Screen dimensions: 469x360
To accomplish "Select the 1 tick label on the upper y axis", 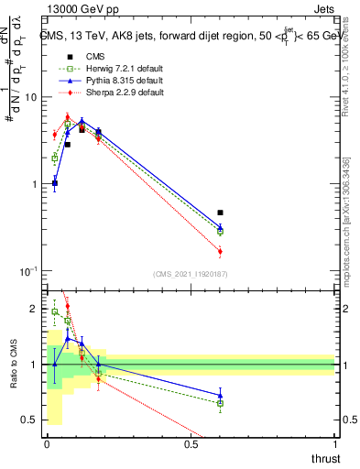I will click(x=32, y=184).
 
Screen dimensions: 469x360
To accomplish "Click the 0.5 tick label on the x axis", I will click(x=191, y=445).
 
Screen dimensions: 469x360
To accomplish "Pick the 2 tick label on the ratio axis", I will click(x=33, y=309).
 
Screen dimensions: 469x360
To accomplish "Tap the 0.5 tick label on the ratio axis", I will click(x=28, y=420).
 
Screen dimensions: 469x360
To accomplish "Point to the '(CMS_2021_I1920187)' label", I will click(x=190, y=274).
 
